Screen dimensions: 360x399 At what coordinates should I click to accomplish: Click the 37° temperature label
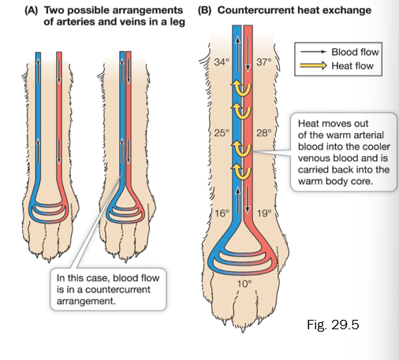[x=263, y=61]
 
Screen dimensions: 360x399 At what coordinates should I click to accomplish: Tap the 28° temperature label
[x=263, y=132]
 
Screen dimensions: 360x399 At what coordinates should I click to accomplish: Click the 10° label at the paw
[x=244, y=284]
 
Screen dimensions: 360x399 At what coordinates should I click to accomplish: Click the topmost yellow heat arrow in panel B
[x=242, y=87]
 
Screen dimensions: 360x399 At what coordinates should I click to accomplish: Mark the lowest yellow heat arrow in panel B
[x=242, y=171]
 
